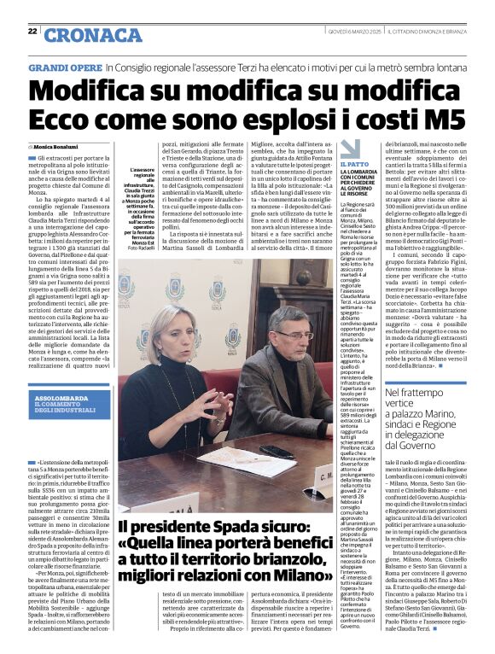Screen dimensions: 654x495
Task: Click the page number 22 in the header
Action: click(32, 32)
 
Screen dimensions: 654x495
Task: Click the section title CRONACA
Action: click(82, 35)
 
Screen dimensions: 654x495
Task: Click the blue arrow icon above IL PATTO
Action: click(350, 149)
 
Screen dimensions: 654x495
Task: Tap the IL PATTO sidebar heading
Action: click(354, 164)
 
